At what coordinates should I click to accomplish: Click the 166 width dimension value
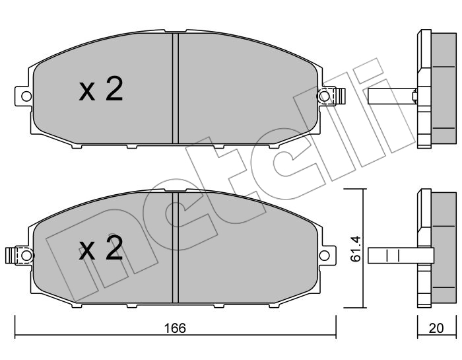(x=175, y=328)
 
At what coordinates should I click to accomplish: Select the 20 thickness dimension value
(x=436, y=328)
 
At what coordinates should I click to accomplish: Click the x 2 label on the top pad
(x=101, y=89)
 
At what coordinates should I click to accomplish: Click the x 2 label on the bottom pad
(x=101, y=248)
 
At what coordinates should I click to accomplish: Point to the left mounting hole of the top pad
(x=26, y=96)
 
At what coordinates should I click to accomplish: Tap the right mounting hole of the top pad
(x=325, y=96)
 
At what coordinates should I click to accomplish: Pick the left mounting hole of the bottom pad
(x=26, y=256)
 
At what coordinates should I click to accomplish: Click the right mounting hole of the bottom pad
(x=325, y=256)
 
